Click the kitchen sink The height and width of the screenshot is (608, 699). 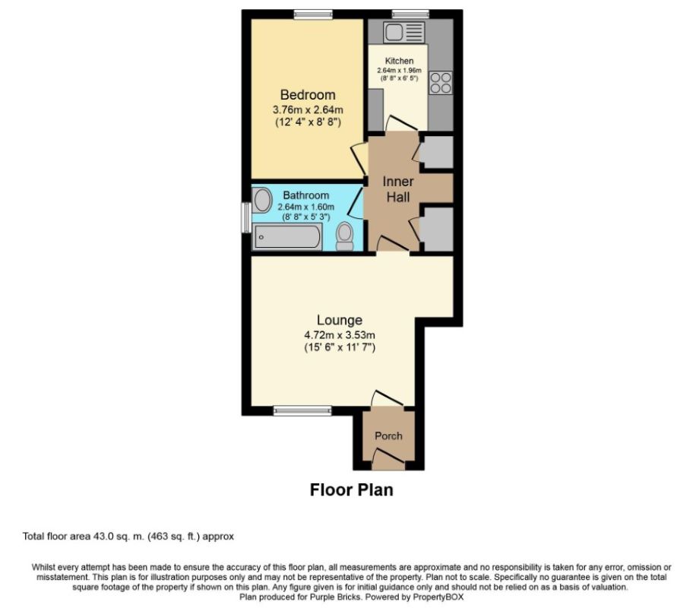403,33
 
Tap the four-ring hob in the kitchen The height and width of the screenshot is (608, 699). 441,82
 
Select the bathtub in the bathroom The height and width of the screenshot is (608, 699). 287,238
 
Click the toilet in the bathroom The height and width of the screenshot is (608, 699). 345,236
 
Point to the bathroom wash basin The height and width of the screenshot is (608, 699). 262,201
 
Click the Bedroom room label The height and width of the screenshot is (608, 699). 308,95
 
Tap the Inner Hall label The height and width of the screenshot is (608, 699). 397,189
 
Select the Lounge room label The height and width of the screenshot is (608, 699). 340,320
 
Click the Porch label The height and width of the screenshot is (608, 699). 389,436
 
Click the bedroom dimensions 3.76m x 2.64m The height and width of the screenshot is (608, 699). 308,109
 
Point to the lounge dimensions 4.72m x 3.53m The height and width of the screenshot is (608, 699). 340,334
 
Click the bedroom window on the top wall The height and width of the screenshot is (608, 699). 313,14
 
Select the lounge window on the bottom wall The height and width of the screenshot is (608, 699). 298,411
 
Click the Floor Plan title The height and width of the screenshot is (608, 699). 351,489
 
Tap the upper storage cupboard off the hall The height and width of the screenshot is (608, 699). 436,153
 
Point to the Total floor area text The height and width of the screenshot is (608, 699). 128,537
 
